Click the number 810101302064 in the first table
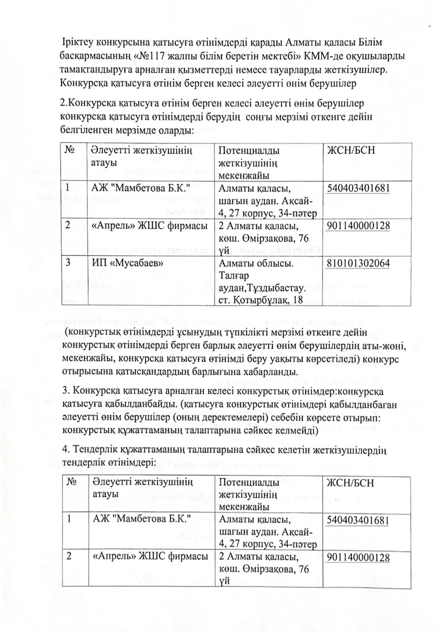pyautogui.click(x=358, y=263)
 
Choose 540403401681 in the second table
pyautogui.click(x=358, y=520)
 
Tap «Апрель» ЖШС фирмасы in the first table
pyautogui.click(x=149, y=226)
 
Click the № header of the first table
pyautogui.click(x=69, y=150)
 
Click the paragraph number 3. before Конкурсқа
pyautogui.click(x=66, y=391)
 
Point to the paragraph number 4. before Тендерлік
pyautogui.click(x=66, y=450)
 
